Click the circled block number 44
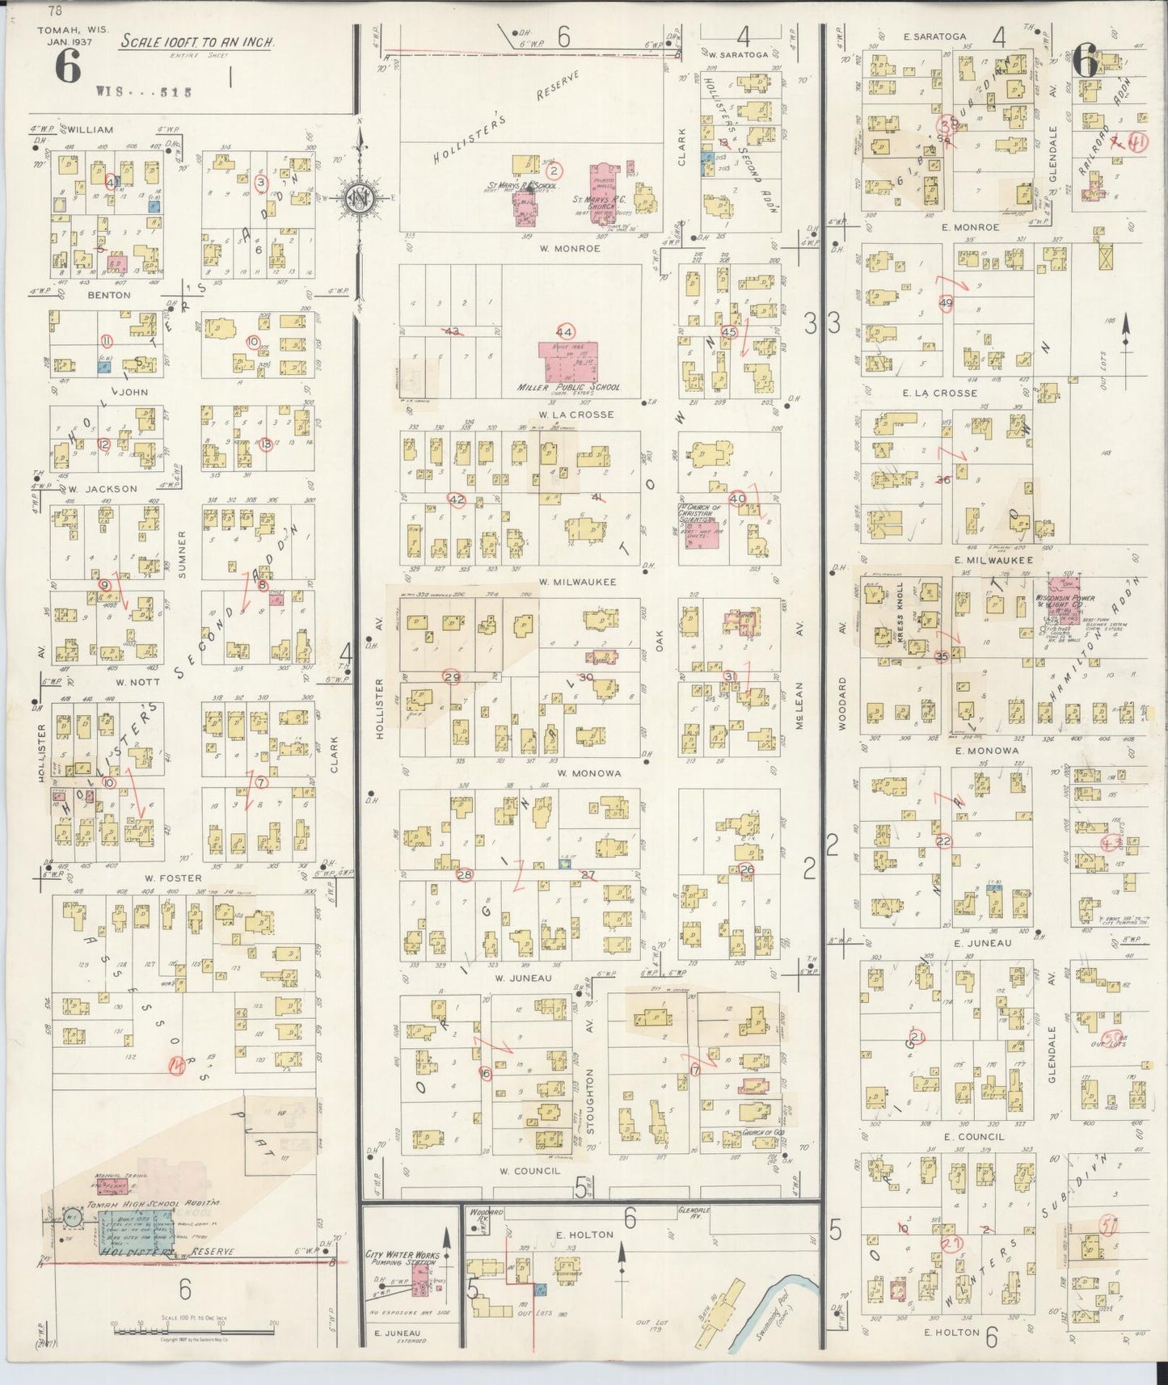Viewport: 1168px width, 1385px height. (x=564, y=332)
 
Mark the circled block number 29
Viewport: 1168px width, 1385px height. (x=451, y=677)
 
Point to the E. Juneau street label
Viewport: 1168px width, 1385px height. (x=978, y=943)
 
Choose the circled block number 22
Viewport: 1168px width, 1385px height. (x=943, y=841)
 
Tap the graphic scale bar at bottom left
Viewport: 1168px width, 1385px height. (x=195, y=1325)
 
